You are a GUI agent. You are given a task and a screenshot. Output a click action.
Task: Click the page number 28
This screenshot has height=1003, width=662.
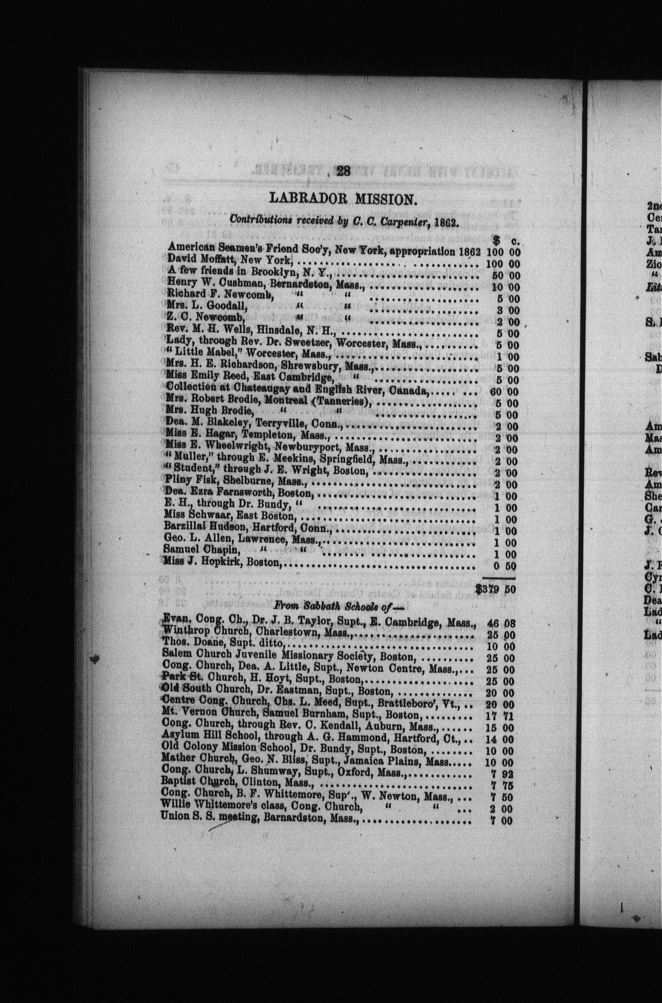click(343, 171)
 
